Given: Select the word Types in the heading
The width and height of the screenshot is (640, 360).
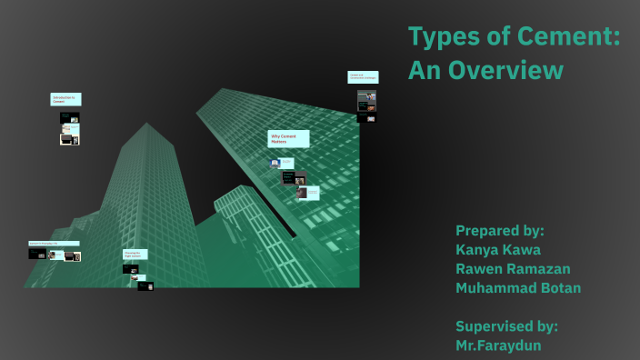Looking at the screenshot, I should [x=442, y=38].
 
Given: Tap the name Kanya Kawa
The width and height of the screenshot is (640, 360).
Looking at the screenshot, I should [x=499, y=249].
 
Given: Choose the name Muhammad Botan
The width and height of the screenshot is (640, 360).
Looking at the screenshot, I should [x=518, y=288].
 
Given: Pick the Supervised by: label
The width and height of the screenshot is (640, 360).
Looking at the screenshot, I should [x=506, y=325].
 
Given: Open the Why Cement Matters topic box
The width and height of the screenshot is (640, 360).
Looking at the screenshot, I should [x=288, y=139].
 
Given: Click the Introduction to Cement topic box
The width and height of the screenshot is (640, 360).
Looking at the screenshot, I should [x=65, y=100].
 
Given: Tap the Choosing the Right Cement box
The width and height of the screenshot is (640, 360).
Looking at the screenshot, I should [x=134, y=255].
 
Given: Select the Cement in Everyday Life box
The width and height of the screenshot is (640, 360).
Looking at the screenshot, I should [x=53, y=244].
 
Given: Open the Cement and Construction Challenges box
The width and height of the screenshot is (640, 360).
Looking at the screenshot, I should [x=363, y=77].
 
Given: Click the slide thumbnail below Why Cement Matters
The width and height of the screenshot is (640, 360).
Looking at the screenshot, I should [x=275, y=163].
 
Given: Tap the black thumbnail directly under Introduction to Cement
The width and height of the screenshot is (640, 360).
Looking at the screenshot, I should [x=70, y=117].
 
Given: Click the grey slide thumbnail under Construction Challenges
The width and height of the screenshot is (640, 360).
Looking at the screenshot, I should [x=366, y=98].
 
